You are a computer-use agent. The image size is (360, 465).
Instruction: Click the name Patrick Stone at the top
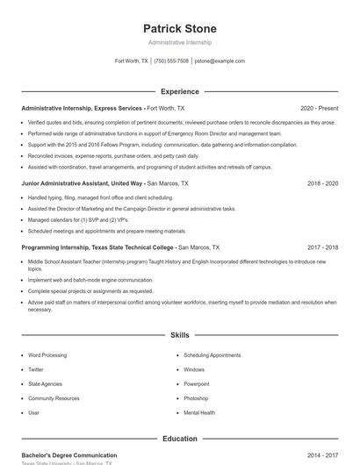[x=179, y=28]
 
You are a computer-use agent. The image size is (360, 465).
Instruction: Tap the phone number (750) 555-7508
[x=171, y=61]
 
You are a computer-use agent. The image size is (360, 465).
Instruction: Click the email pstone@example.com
[x=220, y=61]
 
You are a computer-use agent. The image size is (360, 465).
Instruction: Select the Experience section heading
[x=179, y=91]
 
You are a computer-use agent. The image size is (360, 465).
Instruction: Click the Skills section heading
[x=179, y=335]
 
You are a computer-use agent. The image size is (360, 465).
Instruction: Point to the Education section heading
[x=179, y=439]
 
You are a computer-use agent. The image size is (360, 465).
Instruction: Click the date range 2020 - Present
[x=319, y=108]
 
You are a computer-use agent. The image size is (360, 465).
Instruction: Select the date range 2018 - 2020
[x=322, y=183]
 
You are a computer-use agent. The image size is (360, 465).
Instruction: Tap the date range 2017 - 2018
[x=322, y=247]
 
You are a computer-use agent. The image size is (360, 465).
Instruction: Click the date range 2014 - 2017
[x=322, y=455]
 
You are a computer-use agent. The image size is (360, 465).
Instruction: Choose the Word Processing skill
[x=47, y=355]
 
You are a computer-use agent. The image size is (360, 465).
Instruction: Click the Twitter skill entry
[x=36, y=369]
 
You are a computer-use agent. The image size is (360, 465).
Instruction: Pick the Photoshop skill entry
[x=196, y=397]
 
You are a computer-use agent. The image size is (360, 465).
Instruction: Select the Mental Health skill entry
[x=198, y=412]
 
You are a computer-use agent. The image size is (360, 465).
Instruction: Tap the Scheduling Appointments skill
[x=212, y=355]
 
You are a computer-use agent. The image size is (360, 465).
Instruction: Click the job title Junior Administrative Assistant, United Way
[x=83, y=183]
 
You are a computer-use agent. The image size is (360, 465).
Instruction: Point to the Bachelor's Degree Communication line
[x=69, y=455]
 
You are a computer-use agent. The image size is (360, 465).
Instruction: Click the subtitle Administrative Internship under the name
[x=179, y=42]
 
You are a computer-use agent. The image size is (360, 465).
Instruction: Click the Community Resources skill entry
[x=54, y=397]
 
